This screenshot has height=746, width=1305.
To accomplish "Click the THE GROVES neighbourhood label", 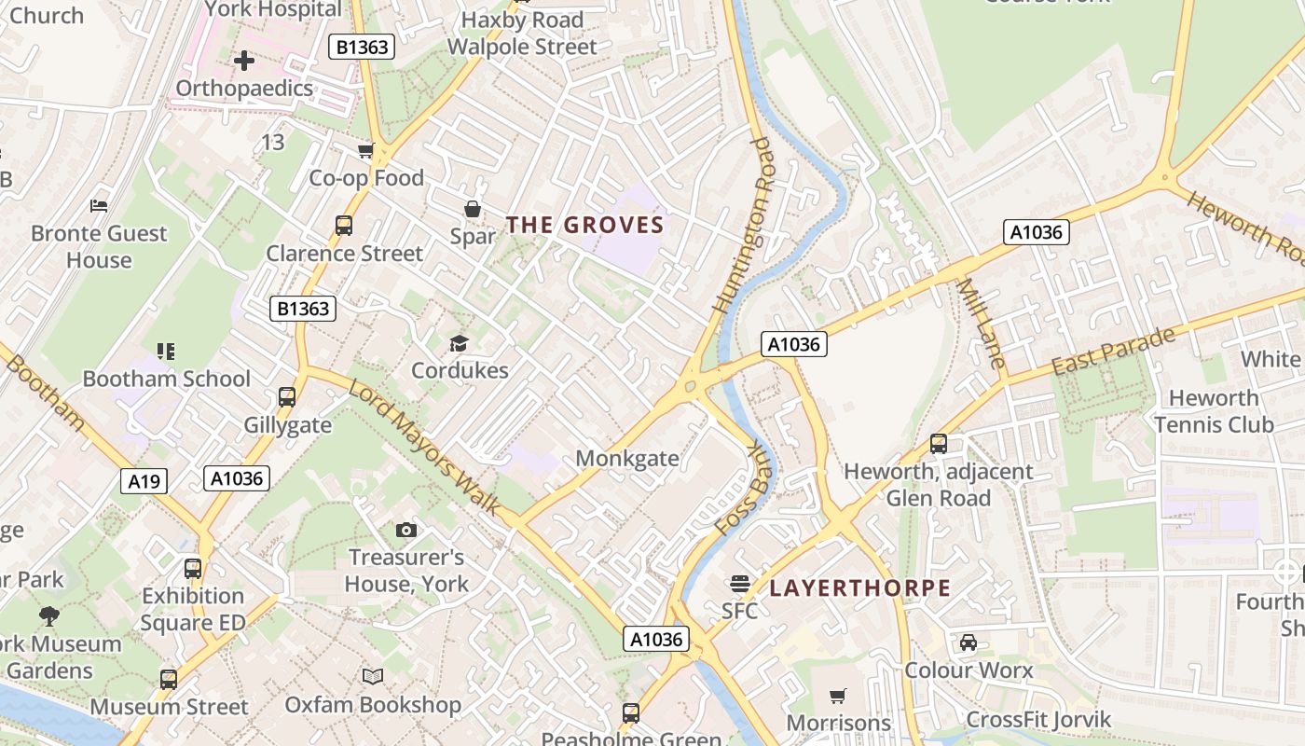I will pyautogui.click(x=584, y=225).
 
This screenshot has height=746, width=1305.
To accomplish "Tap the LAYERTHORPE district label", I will pyautogui.click(x=859, y=588).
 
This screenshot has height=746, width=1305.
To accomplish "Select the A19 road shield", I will pyautogui.click(x=144, y=481).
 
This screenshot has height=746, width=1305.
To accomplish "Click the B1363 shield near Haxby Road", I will pyautogui.click(x=362, y=47).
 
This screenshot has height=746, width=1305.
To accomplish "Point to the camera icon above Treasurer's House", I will pyautogui.click(x=405, y=530).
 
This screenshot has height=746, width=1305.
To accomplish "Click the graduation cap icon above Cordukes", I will pyautogui.click(x=459, y=344).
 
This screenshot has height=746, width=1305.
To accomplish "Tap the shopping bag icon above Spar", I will pyautogui.click(x=473, y=209).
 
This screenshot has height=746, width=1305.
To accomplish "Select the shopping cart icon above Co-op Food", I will pyautogui.click(x=366, y=151).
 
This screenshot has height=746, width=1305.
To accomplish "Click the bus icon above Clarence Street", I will pyautogui.click(x=344, y=226).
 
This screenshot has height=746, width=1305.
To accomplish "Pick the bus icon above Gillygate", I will pyautogui.click(x=287, y=397).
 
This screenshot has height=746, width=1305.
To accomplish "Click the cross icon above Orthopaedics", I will pyautogui.click(x=244, y=62).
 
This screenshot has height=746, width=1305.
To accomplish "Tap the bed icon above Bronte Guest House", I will pyautogui.click(x=99, y=205).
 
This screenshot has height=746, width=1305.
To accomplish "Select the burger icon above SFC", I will pyautogui.click(x=740, y=584).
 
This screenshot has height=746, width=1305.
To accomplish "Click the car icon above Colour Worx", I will pyautogui.click(x=968, y=642).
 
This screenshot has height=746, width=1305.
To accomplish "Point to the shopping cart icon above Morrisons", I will pyautogui.click(x=838, y=696).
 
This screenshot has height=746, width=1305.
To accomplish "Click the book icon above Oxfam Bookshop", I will pyautogui.click(x=373, y=676).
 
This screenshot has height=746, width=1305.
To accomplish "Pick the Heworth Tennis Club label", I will pyautogui.click(x=1213, y=411).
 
